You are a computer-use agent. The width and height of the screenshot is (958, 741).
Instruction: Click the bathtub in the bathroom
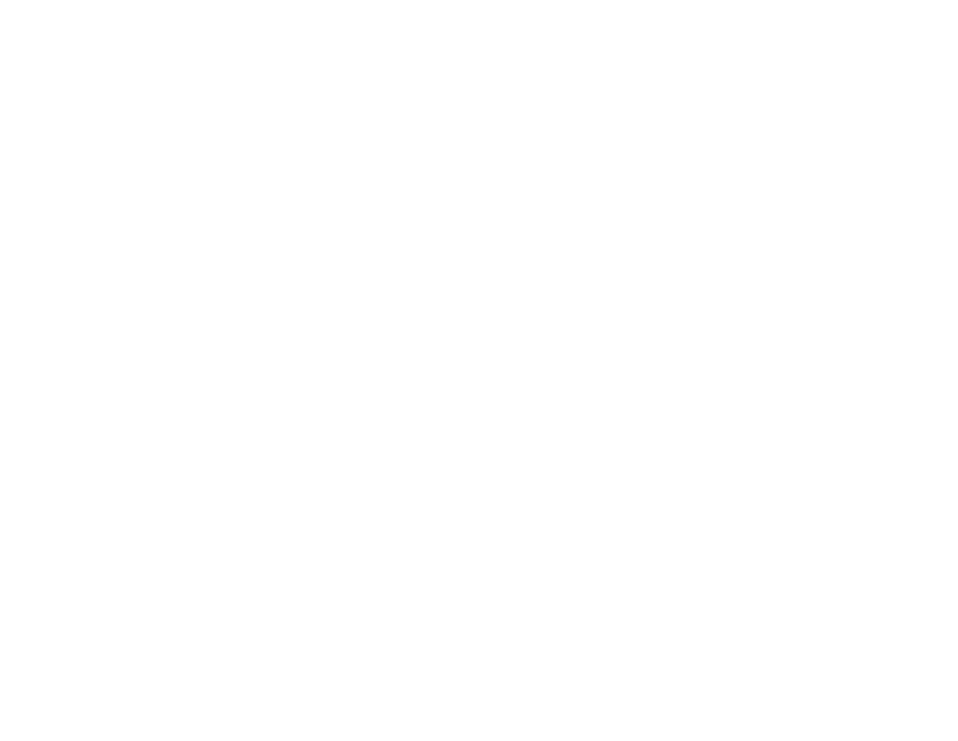point(529,599)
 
